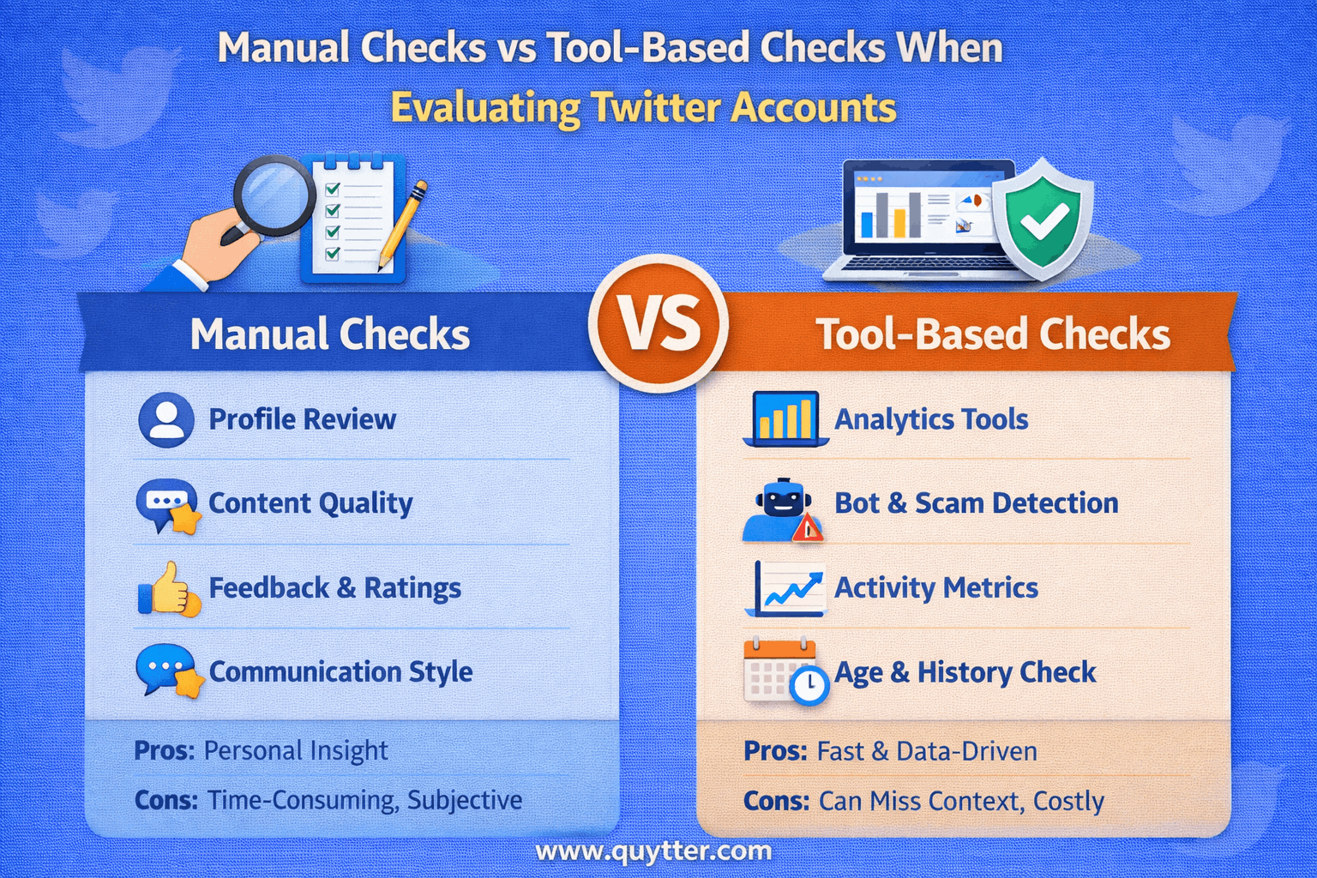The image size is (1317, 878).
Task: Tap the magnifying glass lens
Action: (x=273, y=195)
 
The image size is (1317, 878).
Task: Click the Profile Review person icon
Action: (x=165, y=420)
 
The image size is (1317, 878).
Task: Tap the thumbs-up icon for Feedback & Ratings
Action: (x=169, y=589)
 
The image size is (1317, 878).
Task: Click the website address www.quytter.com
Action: (x=653, y=851)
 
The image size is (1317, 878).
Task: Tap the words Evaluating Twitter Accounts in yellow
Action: (x=643, y=108)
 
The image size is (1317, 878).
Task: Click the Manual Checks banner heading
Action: (x=330, y=334)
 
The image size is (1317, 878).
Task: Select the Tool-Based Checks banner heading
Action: (x=992, y=334)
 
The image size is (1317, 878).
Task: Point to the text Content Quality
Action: (x=310, y=503)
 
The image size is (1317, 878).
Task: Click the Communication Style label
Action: (x=340, y=672)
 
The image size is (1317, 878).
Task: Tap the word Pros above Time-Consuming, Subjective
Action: (x=164, y=751)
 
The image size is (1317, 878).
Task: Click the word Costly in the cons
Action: (x=1068, y=801)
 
